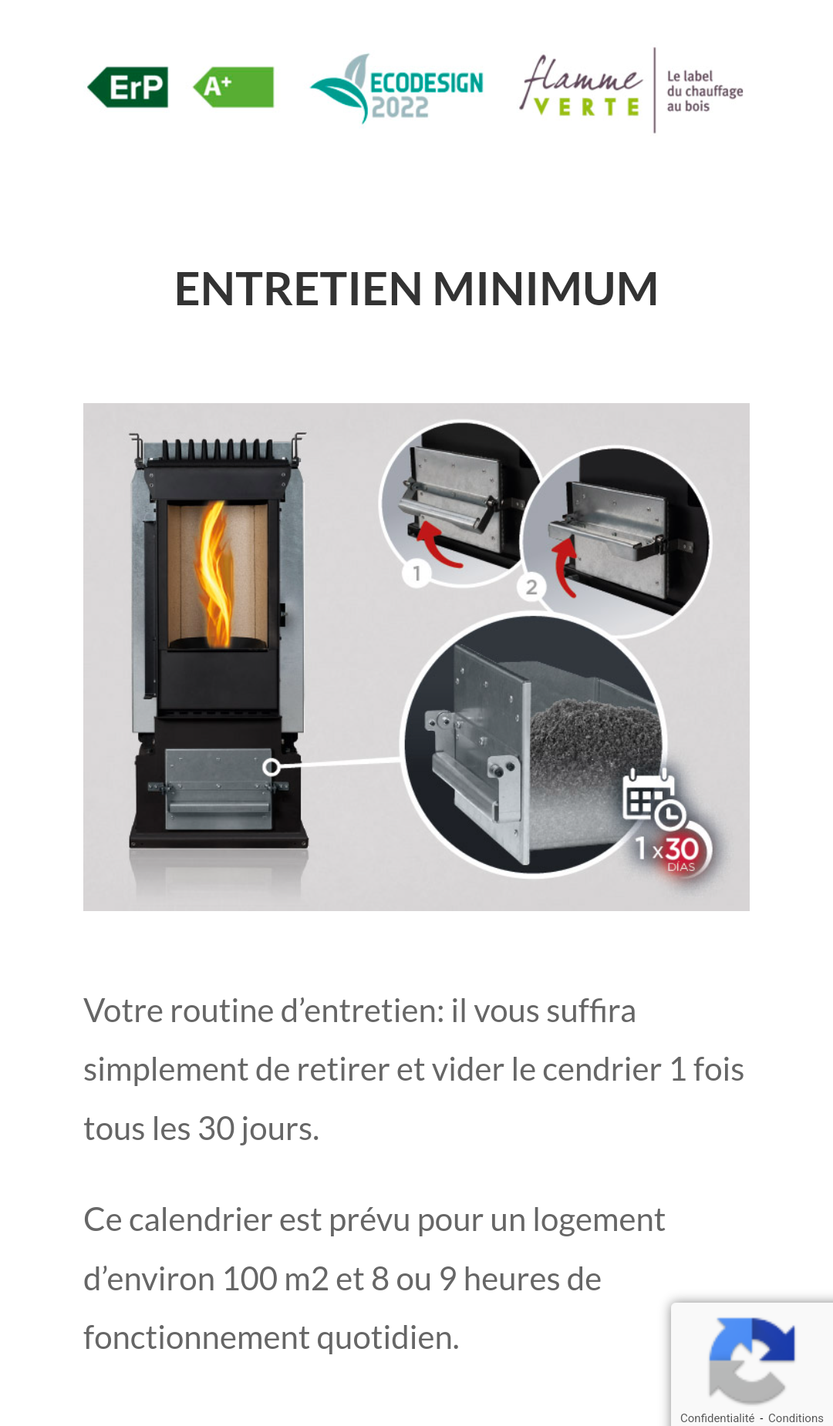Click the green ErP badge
128,87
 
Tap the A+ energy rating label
233,87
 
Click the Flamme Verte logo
581,86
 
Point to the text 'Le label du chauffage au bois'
704,91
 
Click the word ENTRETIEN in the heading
298,289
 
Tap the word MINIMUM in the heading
545,289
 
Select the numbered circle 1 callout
416,573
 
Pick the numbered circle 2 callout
531,587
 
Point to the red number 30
682,849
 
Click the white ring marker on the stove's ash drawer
271,767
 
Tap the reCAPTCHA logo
751,1360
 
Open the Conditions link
796,1418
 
